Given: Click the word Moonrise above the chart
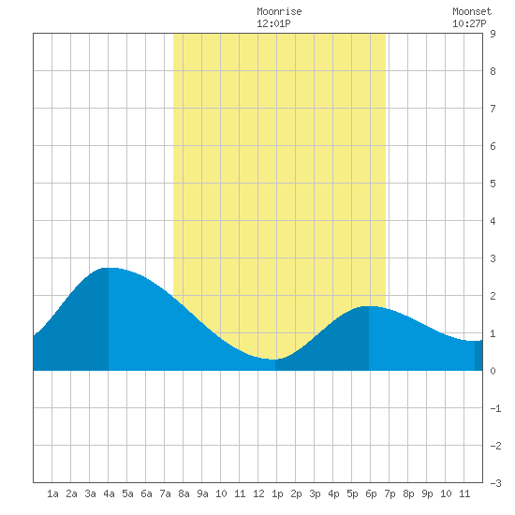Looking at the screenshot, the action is point(279,11).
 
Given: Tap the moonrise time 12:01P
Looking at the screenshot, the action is point(273,23).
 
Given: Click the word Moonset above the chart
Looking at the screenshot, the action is point(472,11).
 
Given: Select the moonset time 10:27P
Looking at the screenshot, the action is point(469,23).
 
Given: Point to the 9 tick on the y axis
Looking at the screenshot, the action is point(493,34).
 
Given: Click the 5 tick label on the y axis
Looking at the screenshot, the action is point(493,184).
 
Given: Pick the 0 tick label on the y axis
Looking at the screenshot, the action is point(493,371).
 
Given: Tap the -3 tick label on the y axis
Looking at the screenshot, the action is point(496,483).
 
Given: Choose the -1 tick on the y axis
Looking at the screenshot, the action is point(496,408).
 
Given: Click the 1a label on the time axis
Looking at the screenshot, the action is point(52,493).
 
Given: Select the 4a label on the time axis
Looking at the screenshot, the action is point(109,493).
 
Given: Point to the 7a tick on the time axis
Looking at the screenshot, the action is point(165,493).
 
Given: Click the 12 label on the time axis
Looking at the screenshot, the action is point(258,493).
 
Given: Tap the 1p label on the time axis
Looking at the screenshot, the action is point(277,493).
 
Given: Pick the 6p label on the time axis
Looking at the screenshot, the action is point(371,493).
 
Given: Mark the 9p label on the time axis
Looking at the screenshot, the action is point(427,493).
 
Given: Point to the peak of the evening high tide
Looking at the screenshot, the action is point(369,306).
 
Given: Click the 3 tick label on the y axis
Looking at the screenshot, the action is point(493,258).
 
